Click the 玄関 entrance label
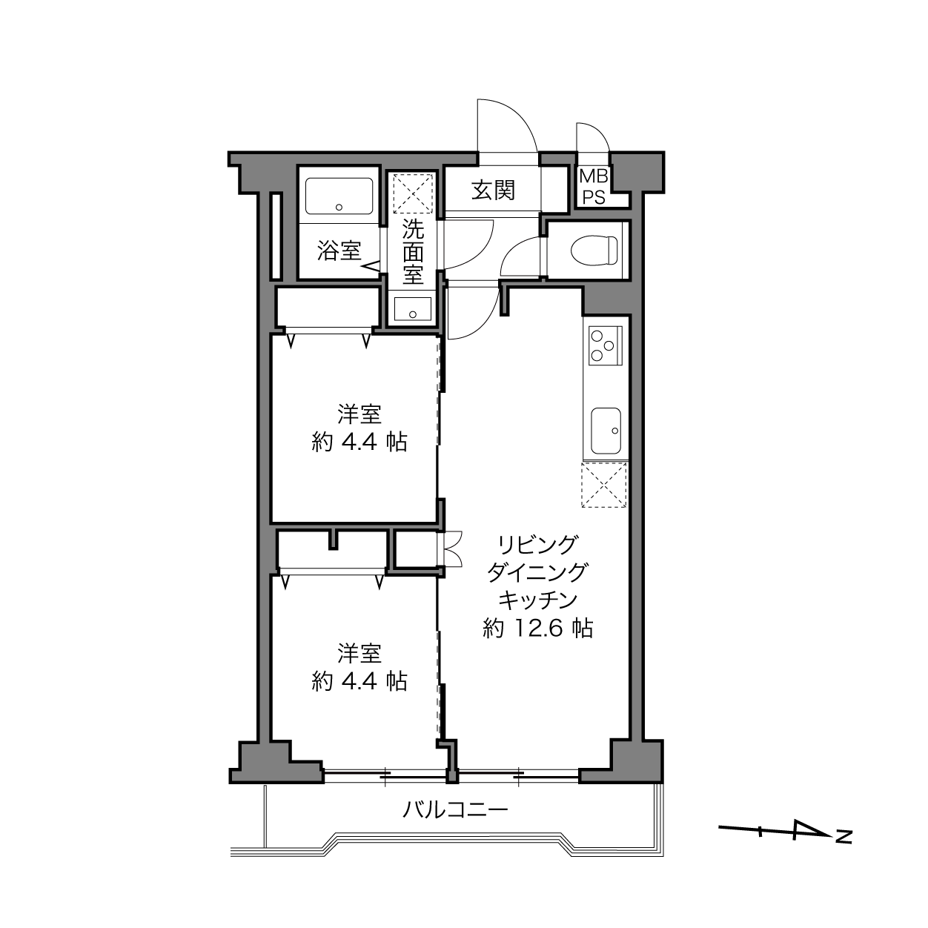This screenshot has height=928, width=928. coord(493,190)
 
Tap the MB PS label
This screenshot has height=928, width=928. coord(593,187)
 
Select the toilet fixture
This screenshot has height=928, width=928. coord(594,250)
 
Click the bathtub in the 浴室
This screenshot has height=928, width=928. coord(339,196)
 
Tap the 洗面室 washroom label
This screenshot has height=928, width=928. coord(413,251)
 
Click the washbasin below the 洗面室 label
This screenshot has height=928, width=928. coord(413,309)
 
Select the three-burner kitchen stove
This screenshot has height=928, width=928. coord(606,345)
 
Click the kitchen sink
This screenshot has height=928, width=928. coord(606,431)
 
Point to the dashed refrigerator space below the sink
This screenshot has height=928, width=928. coord(604,485)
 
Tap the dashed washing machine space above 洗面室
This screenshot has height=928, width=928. coord(413,193)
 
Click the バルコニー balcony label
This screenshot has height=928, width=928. coord(455,810)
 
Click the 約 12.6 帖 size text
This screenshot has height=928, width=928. coord(538,628)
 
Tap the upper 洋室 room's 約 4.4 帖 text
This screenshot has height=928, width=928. coord(359,442)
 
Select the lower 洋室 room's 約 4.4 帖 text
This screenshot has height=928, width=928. coord(359,681)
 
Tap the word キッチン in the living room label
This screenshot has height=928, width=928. coord(538,600)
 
